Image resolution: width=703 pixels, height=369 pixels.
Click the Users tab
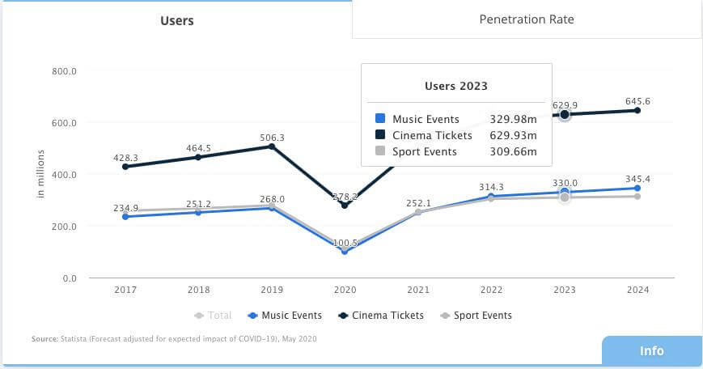(x=176, y=20)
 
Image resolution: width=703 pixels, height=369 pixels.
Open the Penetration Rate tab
(x=527, y=19)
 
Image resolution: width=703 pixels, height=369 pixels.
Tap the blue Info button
(x=651, y=350)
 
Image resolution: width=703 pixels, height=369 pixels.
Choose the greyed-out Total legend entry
(x=214, y=316)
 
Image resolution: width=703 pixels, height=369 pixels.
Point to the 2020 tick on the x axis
(x=345, y=290)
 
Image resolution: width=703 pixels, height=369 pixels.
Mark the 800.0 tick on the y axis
(x=65, y=71)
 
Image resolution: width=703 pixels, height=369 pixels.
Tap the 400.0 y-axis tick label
(x=65, y=175)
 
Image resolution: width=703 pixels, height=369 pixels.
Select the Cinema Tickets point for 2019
(x=271, y=146)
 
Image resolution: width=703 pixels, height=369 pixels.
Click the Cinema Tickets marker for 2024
(x=637, y=110)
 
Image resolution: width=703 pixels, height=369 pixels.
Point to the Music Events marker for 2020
(x=345, y=252)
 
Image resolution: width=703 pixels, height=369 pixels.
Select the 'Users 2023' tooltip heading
(x=456, y=86)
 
